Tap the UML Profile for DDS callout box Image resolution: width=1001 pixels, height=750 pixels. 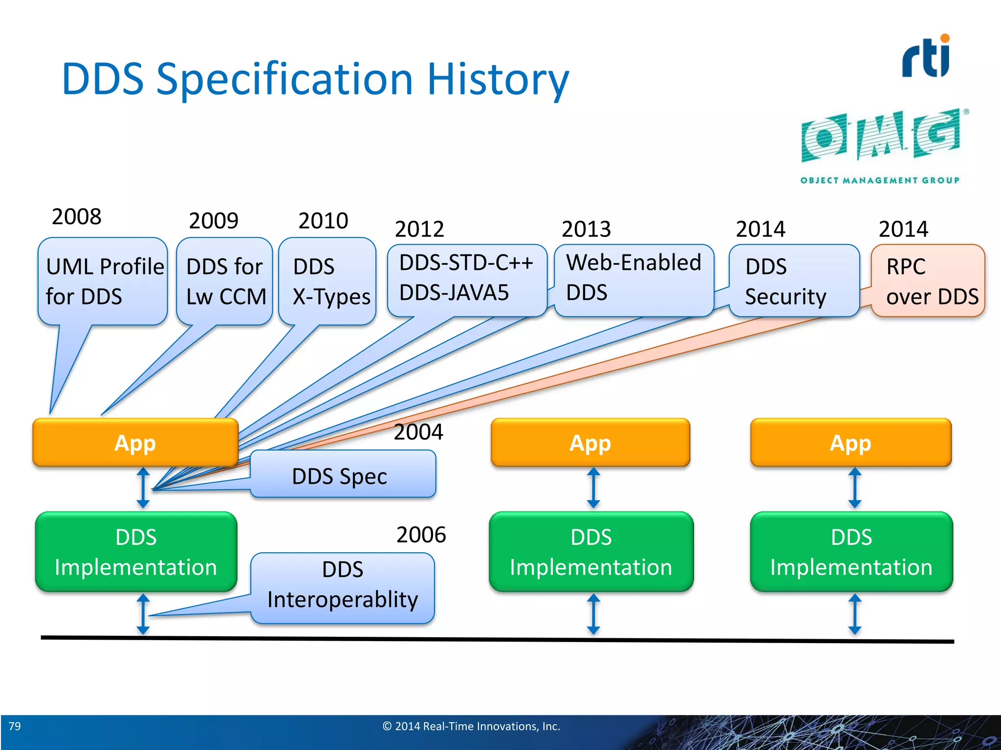(x=103, y=281)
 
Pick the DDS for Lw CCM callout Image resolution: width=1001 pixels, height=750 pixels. (x=225, y=281)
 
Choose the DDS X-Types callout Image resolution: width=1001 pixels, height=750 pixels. (x=327, y=281)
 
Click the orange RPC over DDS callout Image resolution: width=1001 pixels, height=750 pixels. (x=928, y=281)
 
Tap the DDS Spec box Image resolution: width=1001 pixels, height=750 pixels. (x=342, y=475)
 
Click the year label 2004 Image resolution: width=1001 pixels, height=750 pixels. (x=418, y=432)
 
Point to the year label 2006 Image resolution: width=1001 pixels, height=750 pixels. (x=421, y=535)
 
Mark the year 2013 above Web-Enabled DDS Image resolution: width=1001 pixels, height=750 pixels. (x=586, y=229)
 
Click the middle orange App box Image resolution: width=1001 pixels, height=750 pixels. (x=590, y=443)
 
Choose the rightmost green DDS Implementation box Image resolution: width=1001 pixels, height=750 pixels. (x=851, y=552)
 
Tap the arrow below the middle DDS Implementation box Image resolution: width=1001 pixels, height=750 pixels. (x=593, y=614)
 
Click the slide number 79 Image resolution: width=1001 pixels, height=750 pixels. (x=15, y=726)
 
